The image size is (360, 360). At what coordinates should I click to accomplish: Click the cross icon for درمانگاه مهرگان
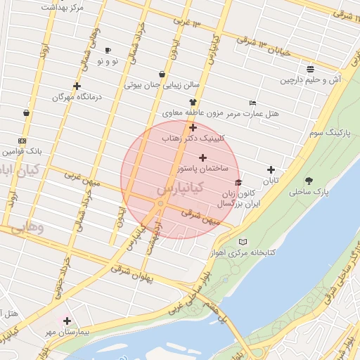pos(77,86)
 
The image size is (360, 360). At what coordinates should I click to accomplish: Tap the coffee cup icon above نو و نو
pos(108,51)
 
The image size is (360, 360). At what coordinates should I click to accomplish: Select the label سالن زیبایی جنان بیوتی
pos(162,85)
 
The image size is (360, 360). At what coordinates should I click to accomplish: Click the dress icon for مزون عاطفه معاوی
pos(192,102)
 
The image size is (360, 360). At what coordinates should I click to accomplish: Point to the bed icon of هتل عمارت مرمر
pos(253,103)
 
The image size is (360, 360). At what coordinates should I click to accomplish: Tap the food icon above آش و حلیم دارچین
pos(310,69)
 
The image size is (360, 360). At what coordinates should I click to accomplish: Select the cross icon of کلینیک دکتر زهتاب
pos(193,127)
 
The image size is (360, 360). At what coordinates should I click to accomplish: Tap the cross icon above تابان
pos(271,169)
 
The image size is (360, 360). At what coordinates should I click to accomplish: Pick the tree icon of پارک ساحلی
pos(310,181)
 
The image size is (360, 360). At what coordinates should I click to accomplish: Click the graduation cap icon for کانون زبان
pos(238,183)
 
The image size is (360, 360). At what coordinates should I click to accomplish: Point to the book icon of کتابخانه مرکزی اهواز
pos(243,241)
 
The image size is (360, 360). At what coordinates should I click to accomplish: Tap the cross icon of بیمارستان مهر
pos(67,321)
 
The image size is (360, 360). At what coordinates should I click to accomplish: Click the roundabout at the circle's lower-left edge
pos(161,204)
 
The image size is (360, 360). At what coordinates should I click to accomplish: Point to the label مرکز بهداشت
pos(62,7)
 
